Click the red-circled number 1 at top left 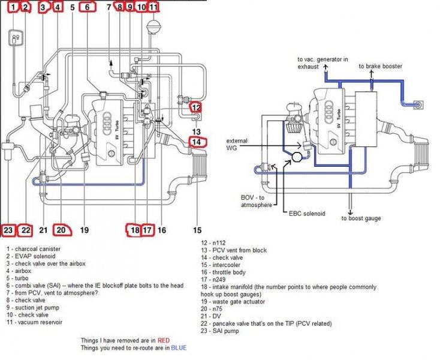click(13, 8)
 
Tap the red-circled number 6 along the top click(88, 8)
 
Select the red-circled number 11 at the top click(153, 8)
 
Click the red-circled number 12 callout click(197, 108)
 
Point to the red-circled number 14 click(197, 142)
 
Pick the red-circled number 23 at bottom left click(8, 229)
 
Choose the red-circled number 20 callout click(61, 229)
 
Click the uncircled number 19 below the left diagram click(84, 229)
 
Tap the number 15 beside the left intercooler click(197, 229)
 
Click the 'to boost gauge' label click(361, 218)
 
